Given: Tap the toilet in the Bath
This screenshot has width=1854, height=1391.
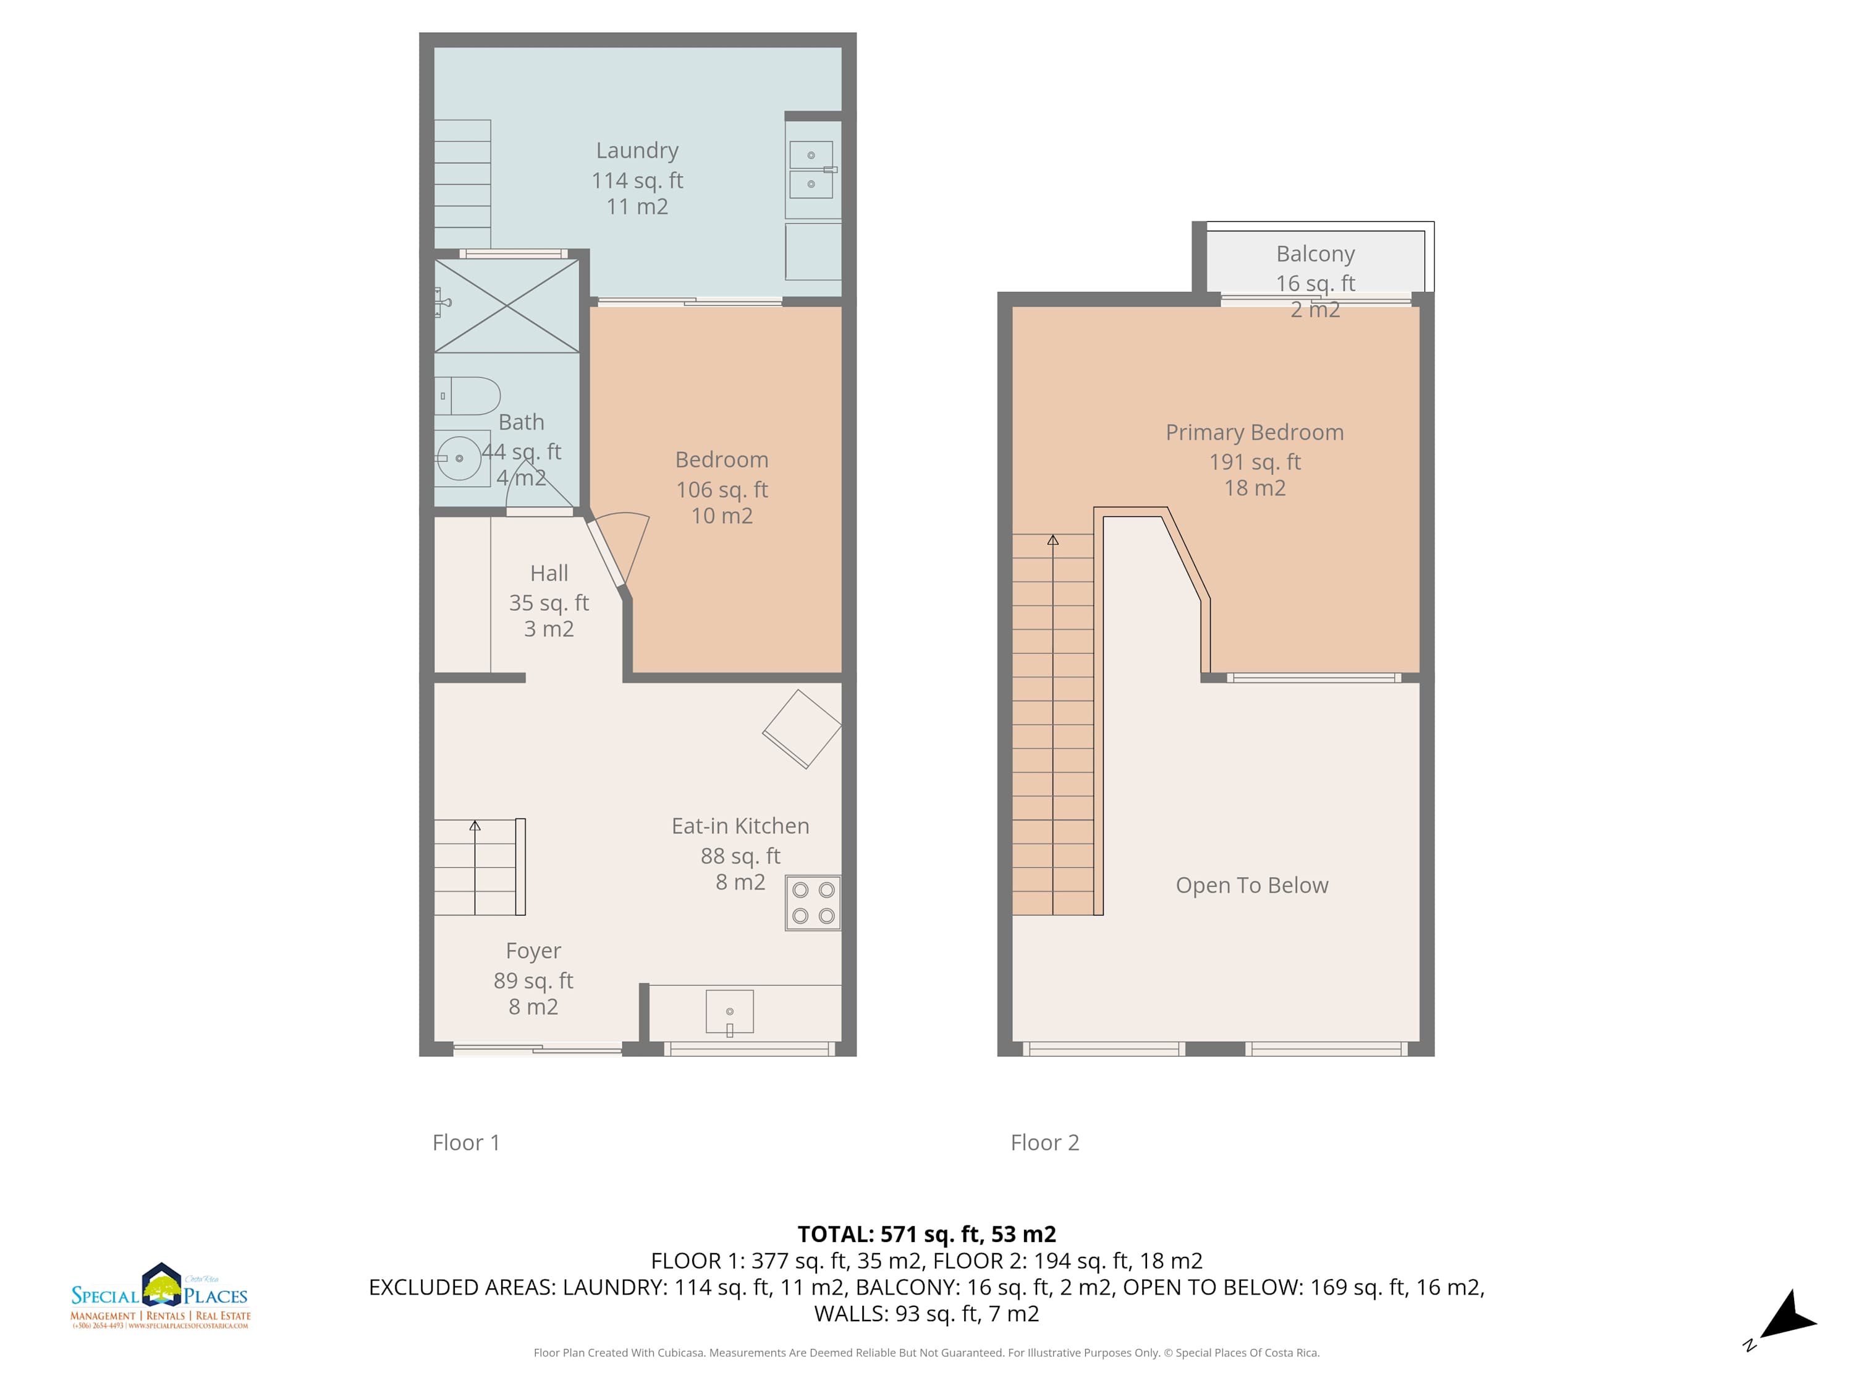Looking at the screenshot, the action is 468,396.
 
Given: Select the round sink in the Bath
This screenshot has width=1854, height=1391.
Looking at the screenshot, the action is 459,458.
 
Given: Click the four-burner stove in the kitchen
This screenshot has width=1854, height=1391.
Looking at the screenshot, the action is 813,903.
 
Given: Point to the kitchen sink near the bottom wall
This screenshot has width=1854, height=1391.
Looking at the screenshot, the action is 729,1013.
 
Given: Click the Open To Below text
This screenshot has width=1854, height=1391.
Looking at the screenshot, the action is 1252,885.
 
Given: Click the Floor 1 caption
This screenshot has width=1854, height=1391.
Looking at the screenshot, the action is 466,1142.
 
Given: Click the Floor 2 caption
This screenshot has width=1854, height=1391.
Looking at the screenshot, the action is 1044,1142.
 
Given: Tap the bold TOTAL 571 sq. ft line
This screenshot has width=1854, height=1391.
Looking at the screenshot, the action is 926,1234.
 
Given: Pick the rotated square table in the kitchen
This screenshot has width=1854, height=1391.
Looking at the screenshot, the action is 802,730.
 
